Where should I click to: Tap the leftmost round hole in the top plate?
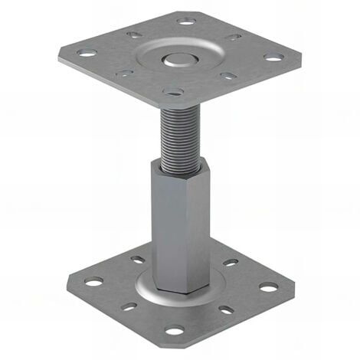(87, 54)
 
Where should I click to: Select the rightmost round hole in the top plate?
(272, 57)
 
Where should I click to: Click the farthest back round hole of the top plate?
(186, 21)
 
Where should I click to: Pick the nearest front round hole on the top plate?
(175, 92)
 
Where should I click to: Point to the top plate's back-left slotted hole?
(133, 34)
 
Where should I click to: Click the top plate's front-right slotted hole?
(227, 76)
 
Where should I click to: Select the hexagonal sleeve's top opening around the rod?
(182, 162)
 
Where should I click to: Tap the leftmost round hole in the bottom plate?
(93, 282)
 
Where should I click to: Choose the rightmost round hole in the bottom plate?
(268, 286)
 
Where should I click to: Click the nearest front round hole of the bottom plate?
(175, 331)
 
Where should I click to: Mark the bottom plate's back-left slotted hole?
(137, 260)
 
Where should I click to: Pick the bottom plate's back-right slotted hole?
(230, 263)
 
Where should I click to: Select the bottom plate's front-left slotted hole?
(129, 306)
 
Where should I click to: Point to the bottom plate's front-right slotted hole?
(226, 310)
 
